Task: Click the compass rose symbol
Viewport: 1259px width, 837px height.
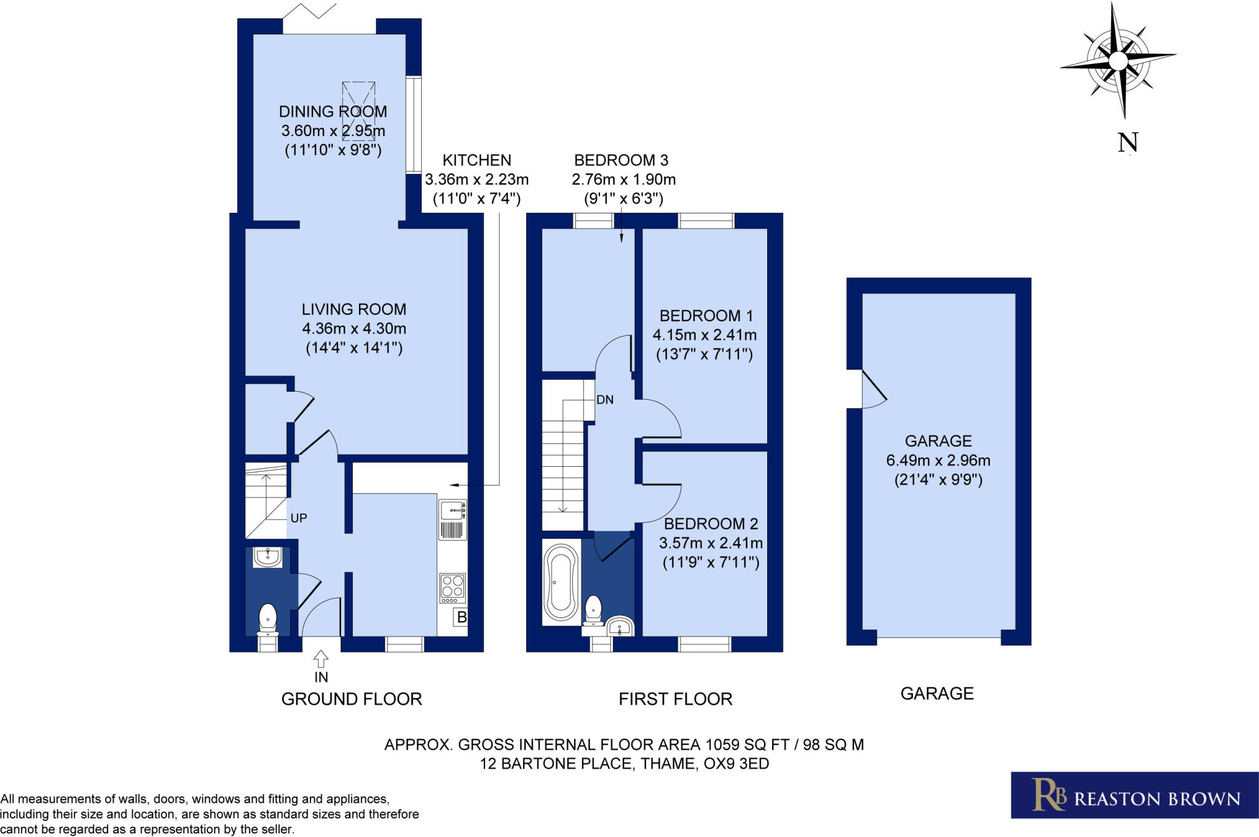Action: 1118,61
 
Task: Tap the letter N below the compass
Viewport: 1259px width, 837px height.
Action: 1127,143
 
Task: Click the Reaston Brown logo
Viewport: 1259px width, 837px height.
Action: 1134,795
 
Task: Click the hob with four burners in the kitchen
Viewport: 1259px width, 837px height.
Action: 452,587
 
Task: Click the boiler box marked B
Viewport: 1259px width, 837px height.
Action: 460,617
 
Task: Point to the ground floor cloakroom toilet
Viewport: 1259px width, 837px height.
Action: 267,619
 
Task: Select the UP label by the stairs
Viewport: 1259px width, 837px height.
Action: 299,518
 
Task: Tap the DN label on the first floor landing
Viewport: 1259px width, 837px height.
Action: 604,400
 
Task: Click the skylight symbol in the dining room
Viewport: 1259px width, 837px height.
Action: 358,111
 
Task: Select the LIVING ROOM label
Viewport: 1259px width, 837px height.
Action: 353,309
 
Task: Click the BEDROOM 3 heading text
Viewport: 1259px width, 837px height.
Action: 621,161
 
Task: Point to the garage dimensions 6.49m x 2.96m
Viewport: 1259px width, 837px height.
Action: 937,460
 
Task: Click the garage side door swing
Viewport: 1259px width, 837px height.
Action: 872,391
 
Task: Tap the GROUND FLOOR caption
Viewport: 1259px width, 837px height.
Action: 351,699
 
